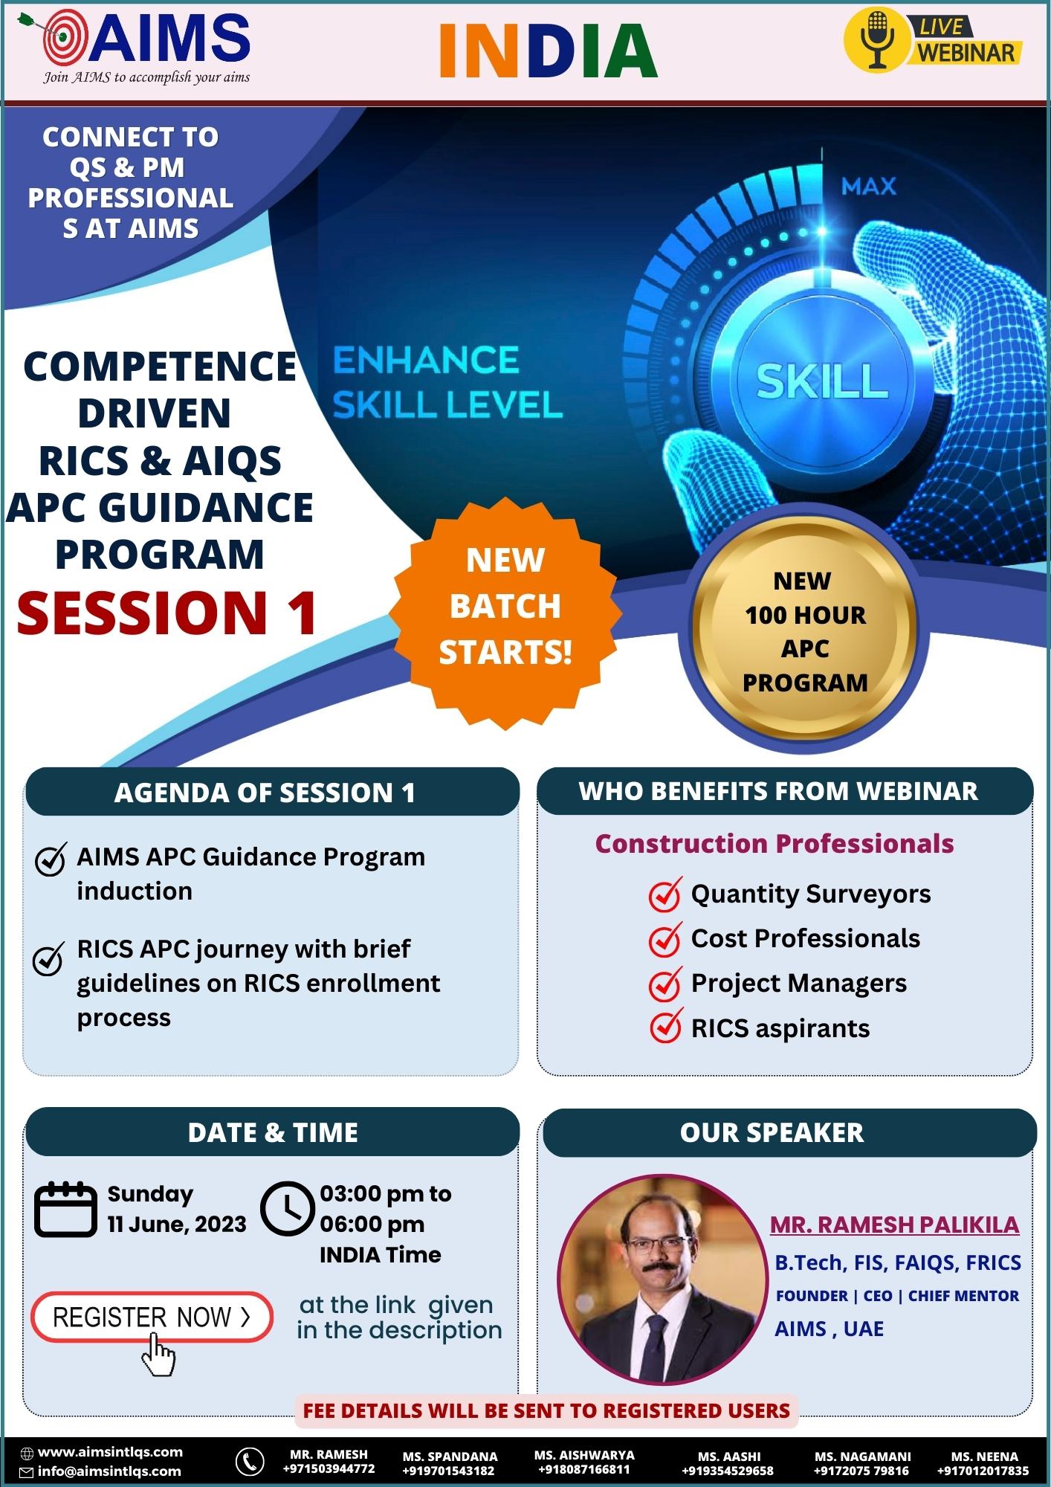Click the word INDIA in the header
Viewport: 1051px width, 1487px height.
click(x=549, y=51)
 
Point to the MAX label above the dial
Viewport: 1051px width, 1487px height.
click(x=869, y=186)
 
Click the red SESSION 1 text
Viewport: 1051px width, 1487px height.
click(x=168, y=613)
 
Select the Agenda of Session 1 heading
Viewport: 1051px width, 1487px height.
click(x=265, y=793)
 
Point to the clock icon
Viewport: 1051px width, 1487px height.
click(x=287, y=1208)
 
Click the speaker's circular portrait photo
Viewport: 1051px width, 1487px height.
click(x=662, y=1279)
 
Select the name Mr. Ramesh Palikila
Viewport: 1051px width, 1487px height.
click(x=894, y=1225)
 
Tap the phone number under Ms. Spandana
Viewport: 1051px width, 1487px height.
click(x=449, y=1471)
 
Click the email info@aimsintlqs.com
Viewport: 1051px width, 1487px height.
click(x=109, y=1471)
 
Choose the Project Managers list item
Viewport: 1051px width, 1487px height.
click(x=799, y=983)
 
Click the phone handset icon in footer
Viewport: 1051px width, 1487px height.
click(x=250, y=1461)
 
